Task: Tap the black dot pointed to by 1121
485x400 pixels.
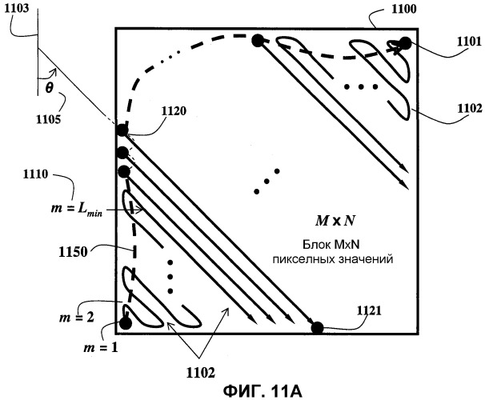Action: pos(317,326)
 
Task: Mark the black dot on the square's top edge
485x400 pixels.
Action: pos(258,40)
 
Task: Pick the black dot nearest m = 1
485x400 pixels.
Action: pos(125,323)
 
